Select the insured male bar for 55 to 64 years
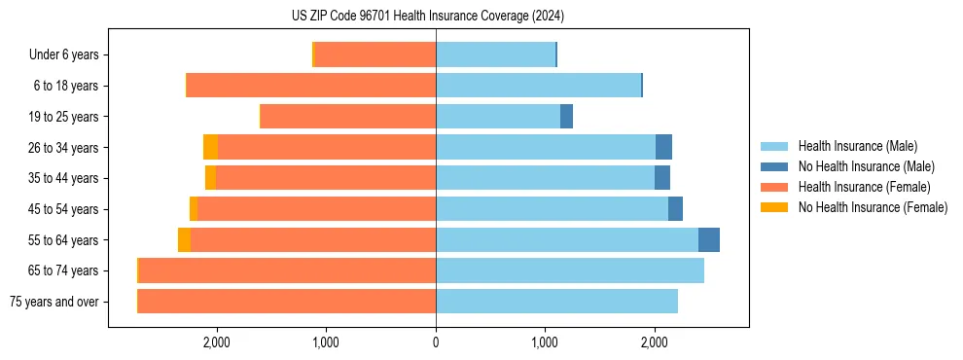coord(566,239)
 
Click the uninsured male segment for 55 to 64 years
coord(709,239)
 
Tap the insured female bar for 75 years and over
coord(287,301)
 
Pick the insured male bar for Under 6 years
coord(495,54)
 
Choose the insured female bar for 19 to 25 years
coord(348,117)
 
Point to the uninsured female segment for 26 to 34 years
coord(210,147)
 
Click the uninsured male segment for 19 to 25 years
coord(566,117)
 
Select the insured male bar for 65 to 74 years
coord(570,270)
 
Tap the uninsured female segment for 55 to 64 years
coord(184,239)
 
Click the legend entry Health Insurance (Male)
coord(857,146)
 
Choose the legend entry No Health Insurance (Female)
coord(873,207)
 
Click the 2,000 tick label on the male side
coord(655,342)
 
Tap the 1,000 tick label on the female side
coord(326,342)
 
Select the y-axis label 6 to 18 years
coord(66,86)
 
